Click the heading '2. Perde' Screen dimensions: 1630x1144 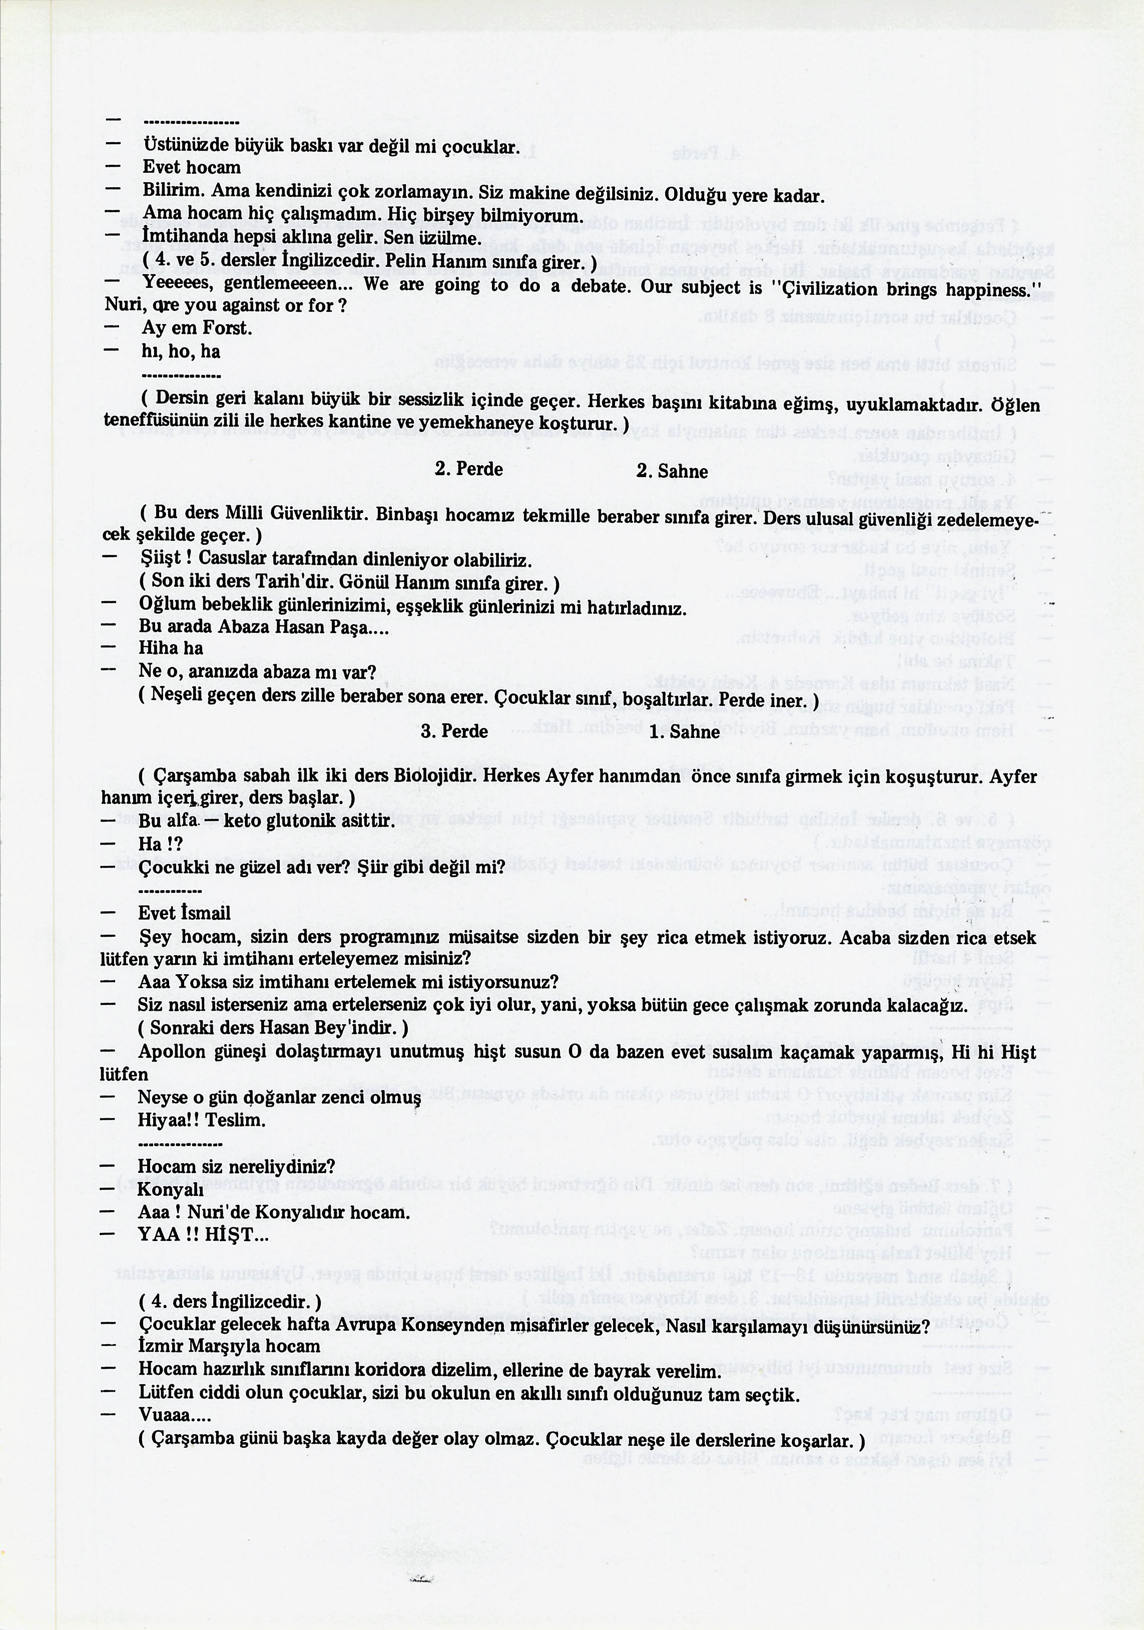[x=468, y=469]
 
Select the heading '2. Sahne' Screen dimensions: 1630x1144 [x=672, y=472]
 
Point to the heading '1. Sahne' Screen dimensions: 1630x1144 [x=684, y=732]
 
